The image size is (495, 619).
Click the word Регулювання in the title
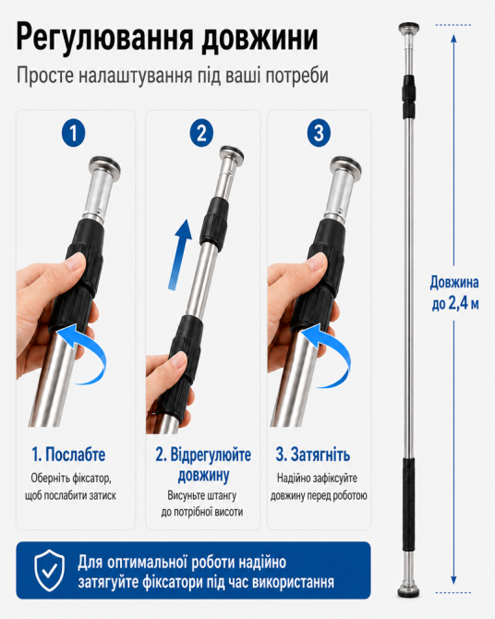[105, 39]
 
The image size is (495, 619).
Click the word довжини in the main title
[260, 39]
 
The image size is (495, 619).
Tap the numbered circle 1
[74, 133]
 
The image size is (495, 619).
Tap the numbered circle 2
[201, 133]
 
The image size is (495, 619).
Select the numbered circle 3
[319, 133]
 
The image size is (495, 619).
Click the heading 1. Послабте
[68, 455]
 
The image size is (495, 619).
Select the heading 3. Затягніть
[313, 455]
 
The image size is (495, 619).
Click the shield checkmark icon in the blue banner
[49, 570]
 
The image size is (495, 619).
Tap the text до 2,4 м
[455, 304]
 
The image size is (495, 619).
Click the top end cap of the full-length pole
[408, 29]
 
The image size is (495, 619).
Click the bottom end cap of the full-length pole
[408, 590]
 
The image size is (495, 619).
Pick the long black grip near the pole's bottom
[408, 505]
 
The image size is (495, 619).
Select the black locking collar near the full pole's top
[408, 96]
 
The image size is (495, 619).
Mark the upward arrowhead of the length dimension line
[454, 38]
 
